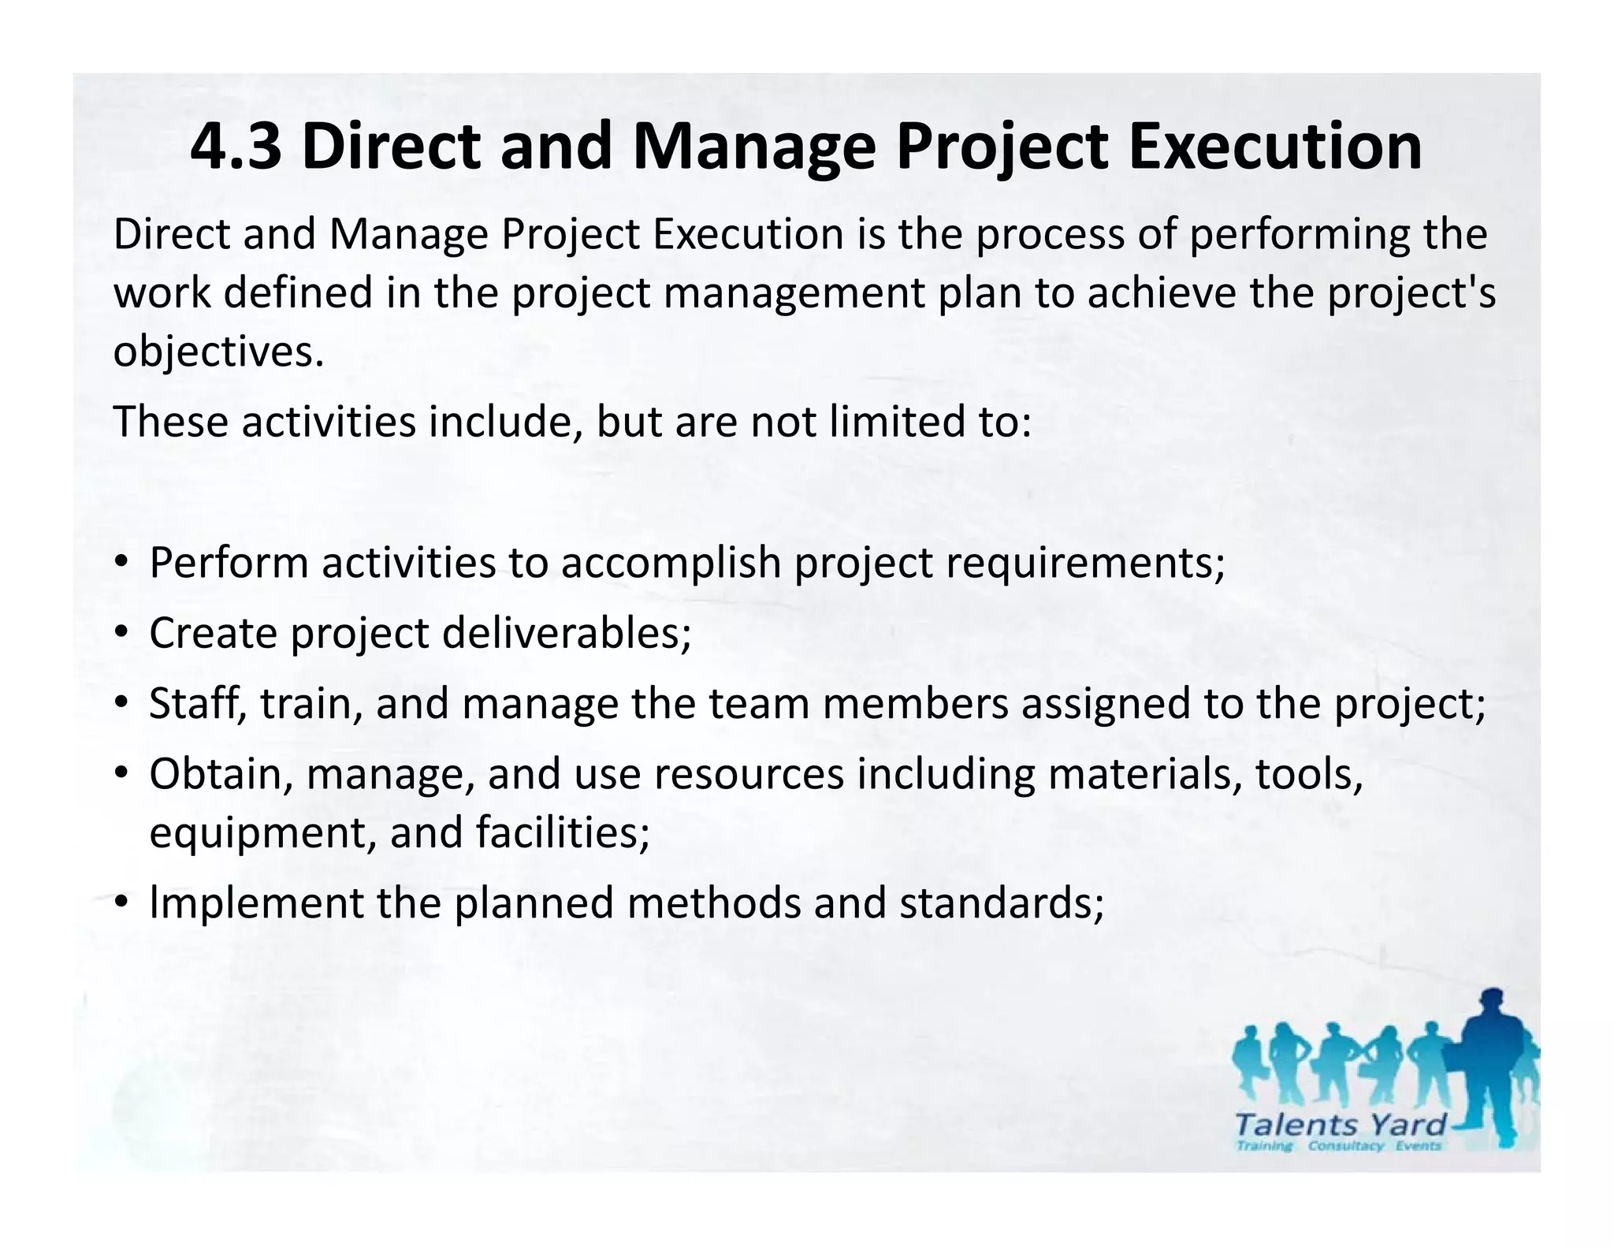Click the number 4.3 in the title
235,148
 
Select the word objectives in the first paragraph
218,352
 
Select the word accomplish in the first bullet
671,564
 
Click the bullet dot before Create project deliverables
121,632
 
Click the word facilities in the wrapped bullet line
562,832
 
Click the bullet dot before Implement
121,903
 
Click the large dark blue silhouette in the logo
1492,1056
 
